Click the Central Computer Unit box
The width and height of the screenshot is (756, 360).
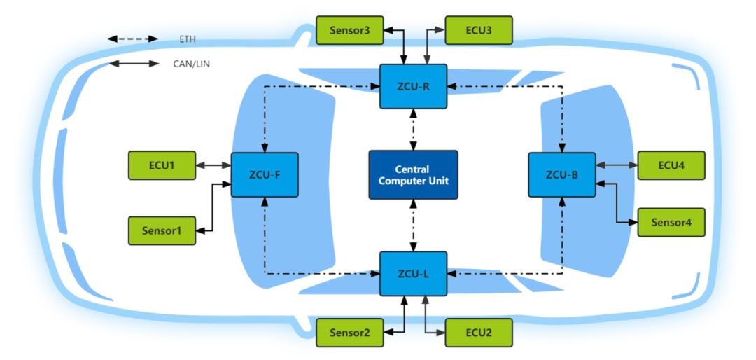tap(413, 174)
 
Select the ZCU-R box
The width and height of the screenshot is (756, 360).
tap(413, 86)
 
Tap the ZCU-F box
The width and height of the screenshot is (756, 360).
tap(265, 174)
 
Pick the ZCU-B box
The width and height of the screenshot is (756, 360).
tap(561, 174)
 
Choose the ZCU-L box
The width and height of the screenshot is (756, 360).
tap(413, 272)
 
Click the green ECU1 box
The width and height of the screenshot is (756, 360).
tap(162, 165)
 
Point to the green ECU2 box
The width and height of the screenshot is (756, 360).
tap(479, 333)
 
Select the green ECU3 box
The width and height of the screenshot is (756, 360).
tap(479, 30)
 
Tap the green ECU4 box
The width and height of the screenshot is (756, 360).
tap(671, 165)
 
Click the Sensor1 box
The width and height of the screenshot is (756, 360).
tap(162, 230)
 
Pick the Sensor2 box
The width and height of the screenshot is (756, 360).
tap(349, 333)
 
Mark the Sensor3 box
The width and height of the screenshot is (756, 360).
tap(349, 30)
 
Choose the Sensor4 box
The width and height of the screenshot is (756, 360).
tap(671, 222)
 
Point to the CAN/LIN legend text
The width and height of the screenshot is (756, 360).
tap(191, 64)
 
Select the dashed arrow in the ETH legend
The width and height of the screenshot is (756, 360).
tap(133, 39)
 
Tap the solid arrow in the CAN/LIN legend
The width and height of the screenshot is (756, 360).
tap(133, 64)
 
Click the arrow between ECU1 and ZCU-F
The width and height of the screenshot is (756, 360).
tap(213, 166)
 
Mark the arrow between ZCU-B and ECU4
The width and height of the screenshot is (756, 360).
tap(616, 166)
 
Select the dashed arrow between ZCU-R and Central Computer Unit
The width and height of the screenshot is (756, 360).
tap(413, 130)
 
